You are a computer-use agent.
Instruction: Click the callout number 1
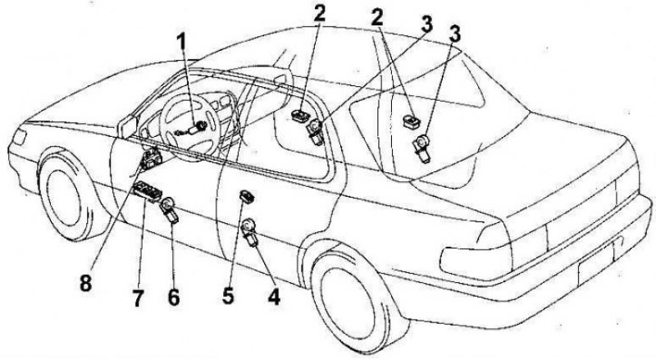coord(181,44)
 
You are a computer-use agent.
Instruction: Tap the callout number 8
coord(85,283)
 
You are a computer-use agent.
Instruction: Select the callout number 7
coord(138,298)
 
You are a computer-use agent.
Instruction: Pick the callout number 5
coord(229,294)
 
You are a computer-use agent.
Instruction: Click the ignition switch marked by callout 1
coord(194,129)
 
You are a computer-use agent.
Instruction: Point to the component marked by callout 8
coord(151,158)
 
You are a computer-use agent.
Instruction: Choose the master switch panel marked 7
coord(147,192)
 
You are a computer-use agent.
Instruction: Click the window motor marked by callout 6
coord(170,209)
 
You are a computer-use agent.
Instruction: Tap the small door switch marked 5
coord(247,194)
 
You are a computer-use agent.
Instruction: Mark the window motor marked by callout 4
coord(250,232)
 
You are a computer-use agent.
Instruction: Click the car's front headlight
coord(17,137)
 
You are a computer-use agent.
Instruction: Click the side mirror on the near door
coord(127,125)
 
